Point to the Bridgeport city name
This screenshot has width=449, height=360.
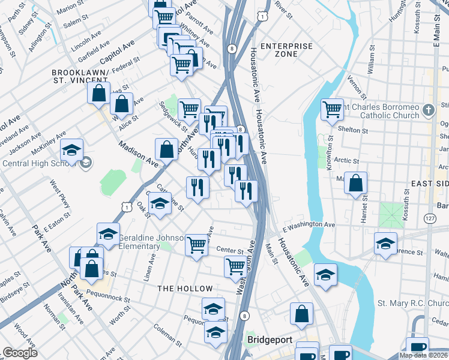click(270, 340)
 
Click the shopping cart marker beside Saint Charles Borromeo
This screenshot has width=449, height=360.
click(332, 110)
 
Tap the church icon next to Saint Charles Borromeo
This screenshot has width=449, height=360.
click(427, 110)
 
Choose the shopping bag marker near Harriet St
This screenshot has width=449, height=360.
click(356, 183)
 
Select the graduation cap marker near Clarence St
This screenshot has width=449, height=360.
click(385, 244)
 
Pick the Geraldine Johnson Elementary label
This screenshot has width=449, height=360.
click(147, 241)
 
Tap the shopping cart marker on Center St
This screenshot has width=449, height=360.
click(196, 245)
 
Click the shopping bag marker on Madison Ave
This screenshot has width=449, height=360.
click(166, 150)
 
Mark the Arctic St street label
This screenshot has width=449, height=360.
click(346, 161)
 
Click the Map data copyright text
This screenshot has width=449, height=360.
click(423, 355)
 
